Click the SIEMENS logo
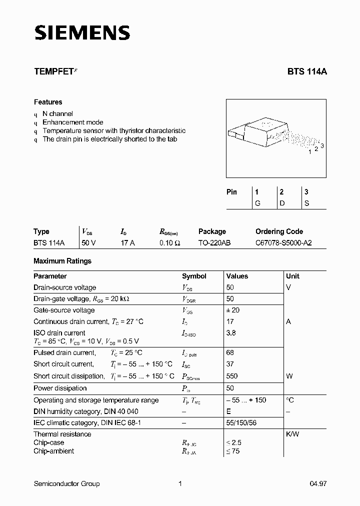point(82,33)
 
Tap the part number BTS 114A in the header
point(307,71)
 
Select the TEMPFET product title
point(53,71)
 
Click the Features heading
point(48,102)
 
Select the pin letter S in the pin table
point(306,203)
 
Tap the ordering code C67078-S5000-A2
point(284,242)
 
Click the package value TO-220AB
point(214,242)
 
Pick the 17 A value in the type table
point(127,242)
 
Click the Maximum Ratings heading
point(62,261)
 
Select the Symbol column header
point(194,276)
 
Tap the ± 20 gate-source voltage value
point(233,310)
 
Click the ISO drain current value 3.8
point(231,333)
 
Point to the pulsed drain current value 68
point(230,352)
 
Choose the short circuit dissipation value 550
point(232,376)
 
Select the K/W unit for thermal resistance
point(292,434)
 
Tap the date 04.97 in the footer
point(318,483)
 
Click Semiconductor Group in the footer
point(66,483)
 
